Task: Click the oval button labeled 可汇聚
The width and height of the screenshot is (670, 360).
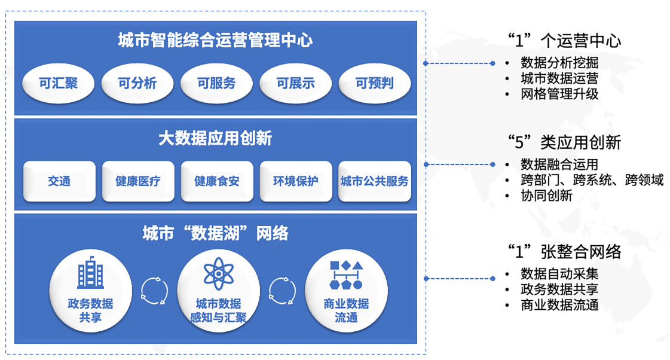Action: click(x=59, y=84)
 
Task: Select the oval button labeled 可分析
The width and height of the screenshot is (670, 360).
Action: click(x=137, y=84)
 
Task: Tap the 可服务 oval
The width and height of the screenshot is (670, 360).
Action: click(x=216, y=84)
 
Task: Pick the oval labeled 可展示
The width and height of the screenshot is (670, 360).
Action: click(x=295, y=84)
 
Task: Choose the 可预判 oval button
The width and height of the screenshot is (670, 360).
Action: click(x=375, y=84)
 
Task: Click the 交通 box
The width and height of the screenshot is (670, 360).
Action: click(x=59, y=181)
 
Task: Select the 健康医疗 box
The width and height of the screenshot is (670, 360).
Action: click(x=138, y=181)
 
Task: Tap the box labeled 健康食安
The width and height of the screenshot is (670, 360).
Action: click(x=217, y=181)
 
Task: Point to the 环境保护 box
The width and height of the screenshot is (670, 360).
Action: click(x=296, y=181)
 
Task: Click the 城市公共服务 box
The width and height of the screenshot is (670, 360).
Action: click(x=375, y=181)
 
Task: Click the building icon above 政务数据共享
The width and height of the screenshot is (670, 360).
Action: click(x=90, y=274)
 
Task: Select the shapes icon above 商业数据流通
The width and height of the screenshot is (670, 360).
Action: click(x=346, y=274)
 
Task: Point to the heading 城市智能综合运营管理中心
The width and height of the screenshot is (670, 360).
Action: click(x=215, y=41)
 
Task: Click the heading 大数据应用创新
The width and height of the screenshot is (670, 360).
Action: click(x=215, y=139)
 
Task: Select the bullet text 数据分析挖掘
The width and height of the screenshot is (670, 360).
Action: click(x=559, y=63)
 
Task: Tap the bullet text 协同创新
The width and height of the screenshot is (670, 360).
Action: click(x=546, y=196)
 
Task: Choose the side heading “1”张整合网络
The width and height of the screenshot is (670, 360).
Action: click(x=564, y=252)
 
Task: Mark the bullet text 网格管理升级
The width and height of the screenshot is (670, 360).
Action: click(x=559, y=94)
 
